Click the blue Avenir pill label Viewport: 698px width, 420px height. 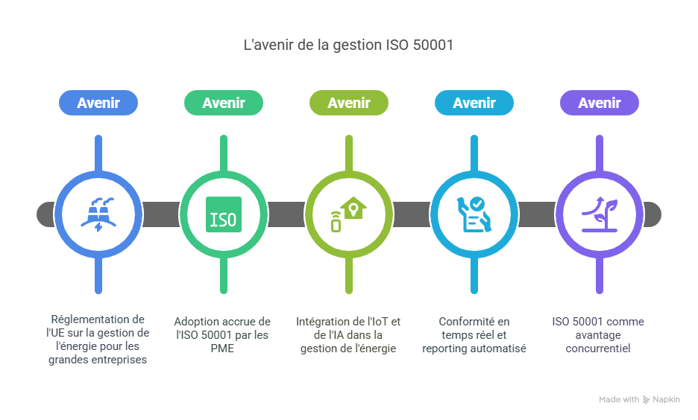[x=98, y=103]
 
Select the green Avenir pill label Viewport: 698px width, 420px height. [x=224, y=103]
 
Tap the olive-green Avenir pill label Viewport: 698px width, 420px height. [x=349, y=103]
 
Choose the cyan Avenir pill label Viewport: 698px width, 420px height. [x=474, y=103]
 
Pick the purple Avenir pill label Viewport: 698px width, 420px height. [x=600, y=103]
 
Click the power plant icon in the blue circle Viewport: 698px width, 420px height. [x=98, y=214]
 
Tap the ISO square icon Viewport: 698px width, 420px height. [x=224, y=214]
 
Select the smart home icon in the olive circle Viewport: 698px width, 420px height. [x=348, y=214]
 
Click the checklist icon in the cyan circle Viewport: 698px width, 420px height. [x=474, y=214]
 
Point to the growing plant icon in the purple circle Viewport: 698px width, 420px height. [x=600, y=214]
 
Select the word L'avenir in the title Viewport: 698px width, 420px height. [x=268, y=45]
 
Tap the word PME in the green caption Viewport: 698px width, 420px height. [x=223, y=349]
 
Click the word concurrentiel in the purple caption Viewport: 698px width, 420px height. [x=598, y=349]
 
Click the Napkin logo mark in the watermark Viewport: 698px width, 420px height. [x=646, y=400]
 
